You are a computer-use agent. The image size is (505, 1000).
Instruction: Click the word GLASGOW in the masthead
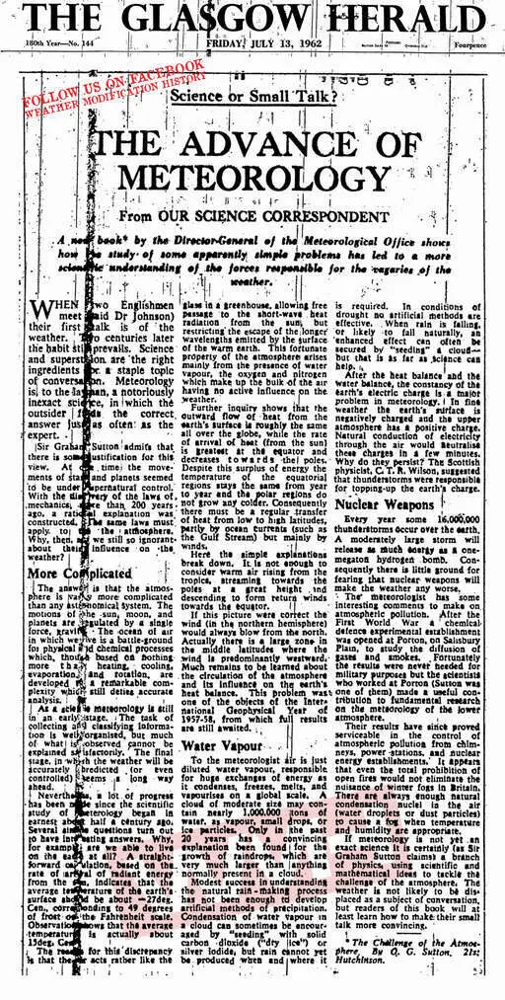tap(231, 19)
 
